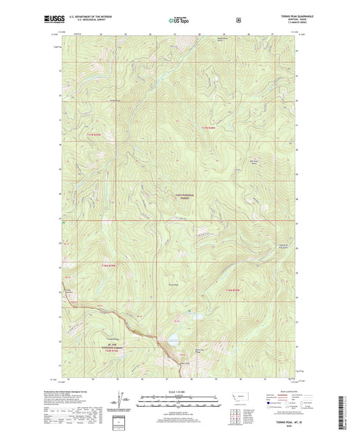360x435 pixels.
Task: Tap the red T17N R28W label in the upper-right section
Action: coord(211,128)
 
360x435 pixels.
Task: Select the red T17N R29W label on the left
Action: coord(97,136)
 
